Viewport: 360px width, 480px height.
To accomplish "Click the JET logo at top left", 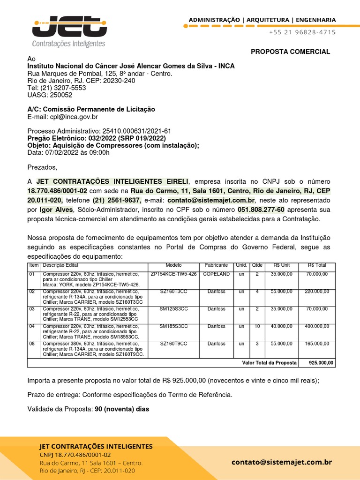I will point(68,31).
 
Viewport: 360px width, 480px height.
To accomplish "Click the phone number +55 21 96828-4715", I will point(302,32).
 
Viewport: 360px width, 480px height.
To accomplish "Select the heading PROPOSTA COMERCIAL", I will point(290,52).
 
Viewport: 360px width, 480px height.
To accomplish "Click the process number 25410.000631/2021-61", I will point(134,131).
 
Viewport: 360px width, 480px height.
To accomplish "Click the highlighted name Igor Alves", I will point(56,210).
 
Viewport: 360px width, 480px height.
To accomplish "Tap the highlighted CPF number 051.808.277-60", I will point(261,210).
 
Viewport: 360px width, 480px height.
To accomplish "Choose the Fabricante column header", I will point(217,265).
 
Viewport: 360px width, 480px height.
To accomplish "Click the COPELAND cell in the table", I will point(217,274).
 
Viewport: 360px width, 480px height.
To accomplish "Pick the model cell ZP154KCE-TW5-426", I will point(173,274).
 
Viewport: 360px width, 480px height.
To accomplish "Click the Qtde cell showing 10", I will point(257,326).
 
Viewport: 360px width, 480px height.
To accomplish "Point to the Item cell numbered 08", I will point(32,344).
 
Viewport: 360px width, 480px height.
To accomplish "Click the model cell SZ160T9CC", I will point(173,344).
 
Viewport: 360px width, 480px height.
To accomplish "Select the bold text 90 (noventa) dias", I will point(122,409).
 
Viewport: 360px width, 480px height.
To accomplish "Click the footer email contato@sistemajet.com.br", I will point(282,462).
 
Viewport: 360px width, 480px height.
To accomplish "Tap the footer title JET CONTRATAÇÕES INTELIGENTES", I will point(96,446).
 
